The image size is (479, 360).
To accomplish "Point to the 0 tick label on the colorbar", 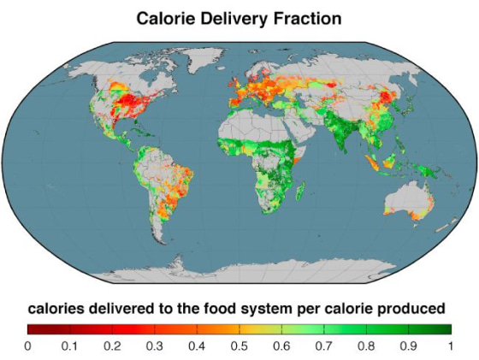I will [x=27, y=345].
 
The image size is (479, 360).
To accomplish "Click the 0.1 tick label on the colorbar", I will [x=69, y=345].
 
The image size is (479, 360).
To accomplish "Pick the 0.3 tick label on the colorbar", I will [x=154, y=345].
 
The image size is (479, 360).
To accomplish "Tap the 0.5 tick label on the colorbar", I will [x=239, y=345].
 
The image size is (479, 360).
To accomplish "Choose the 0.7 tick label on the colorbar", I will [x=323, y=345].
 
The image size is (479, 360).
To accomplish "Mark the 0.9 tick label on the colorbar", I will [x=408, y=345].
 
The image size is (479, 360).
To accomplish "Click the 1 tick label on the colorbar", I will [x=450, y=345].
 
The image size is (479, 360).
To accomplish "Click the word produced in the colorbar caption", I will [x=415, y=307].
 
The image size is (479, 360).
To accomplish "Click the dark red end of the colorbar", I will [x=32, y=328].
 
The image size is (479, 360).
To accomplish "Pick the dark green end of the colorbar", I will [x=446, y=328].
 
